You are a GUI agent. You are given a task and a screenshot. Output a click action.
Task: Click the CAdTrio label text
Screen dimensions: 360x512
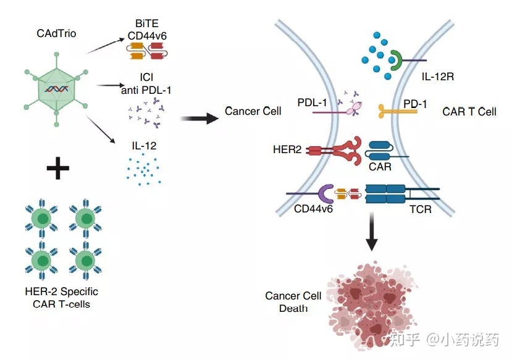coord(57,34)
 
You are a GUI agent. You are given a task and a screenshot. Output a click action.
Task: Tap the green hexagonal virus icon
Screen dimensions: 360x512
coord(56,90)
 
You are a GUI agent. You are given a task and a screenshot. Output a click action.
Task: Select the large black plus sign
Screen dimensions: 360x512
coord(58,168)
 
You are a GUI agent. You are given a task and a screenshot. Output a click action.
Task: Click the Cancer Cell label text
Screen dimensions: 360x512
coord(253,112)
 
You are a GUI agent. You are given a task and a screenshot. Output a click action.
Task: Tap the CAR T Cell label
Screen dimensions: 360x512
coord(470,112)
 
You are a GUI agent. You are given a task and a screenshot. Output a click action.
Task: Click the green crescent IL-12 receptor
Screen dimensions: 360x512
coord(396,61)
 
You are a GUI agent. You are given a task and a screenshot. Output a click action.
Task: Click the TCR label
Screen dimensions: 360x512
coord(420,209)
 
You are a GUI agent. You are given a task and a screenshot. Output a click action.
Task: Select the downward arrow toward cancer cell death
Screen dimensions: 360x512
coord(371,233)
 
